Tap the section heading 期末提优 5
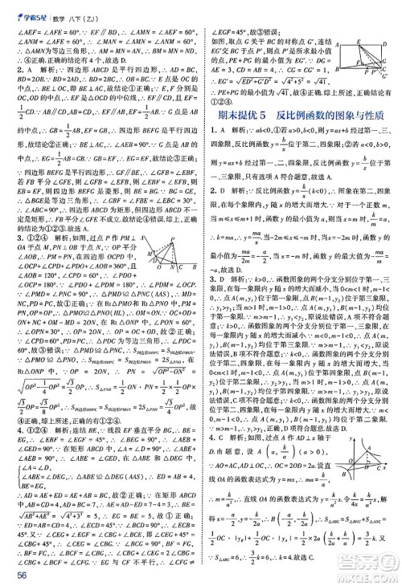[x=240, y=117]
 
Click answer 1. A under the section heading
[x=215, y=137]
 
